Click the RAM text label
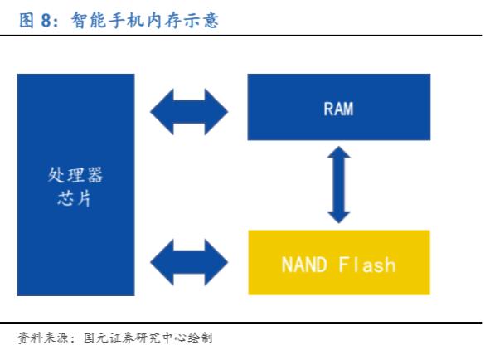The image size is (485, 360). (338, 109)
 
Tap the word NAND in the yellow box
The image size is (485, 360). (304, 265)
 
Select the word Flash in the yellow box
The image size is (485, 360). (367, 265)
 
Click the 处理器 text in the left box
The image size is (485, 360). (75, 175)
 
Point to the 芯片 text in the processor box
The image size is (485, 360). (75, 198)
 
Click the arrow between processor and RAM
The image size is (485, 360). (189, 112)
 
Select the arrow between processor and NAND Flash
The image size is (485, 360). (189, 262)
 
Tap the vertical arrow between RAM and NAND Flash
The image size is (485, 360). (339, 185)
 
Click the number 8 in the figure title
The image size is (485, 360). (46, 21)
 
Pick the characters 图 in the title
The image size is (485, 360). (27, 21)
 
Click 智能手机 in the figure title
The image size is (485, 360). (108, 21)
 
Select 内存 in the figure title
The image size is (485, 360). (164, 21)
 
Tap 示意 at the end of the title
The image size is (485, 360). (201, 21)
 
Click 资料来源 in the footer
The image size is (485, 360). (43, 338)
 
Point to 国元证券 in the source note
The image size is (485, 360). (109, 338)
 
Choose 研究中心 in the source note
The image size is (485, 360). (161, 338)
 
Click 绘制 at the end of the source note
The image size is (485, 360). (200, 338)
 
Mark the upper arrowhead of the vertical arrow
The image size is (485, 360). (339, 152)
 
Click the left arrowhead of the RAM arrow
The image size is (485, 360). (162, 112)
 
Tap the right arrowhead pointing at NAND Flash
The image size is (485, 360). (216, 262)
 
